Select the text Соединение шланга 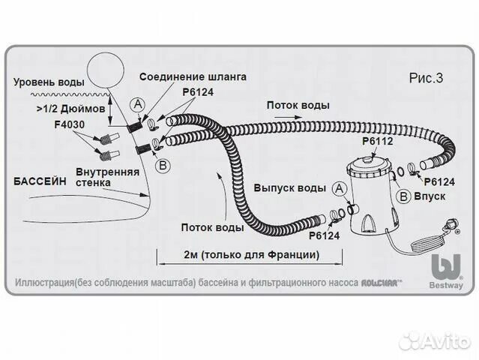click(202, 76)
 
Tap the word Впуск click(430, 196)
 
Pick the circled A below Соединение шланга click(138, 105)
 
